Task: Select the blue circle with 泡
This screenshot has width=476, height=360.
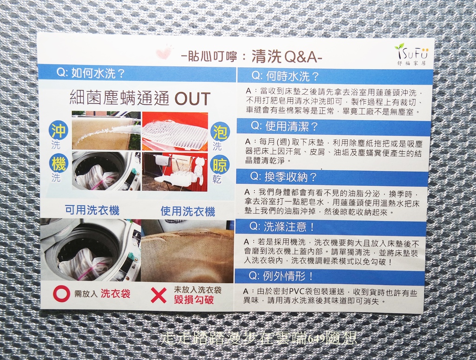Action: [x=220, y=131]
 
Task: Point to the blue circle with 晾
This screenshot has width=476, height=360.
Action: [x=220, y=165]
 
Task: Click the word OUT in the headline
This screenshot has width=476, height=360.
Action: [x=192, y=98]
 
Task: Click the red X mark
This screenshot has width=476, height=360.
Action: [x=159, y=295]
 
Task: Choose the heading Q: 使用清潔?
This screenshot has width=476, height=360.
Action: [x=284, y=126]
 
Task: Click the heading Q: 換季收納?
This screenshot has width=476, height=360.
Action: [x=284, y=177]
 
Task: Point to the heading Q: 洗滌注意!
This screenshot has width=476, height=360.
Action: [x=282, y=226]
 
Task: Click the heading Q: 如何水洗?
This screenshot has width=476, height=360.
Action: [x=91, y=73]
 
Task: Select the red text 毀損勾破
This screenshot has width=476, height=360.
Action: [x=194, y=300]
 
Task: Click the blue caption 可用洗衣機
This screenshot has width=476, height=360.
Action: [x=93, y=210]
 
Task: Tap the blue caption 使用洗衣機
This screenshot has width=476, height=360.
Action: [x=188, y=211]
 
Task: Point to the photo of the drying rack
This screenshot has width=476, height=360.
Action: [x=175, y=172]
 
